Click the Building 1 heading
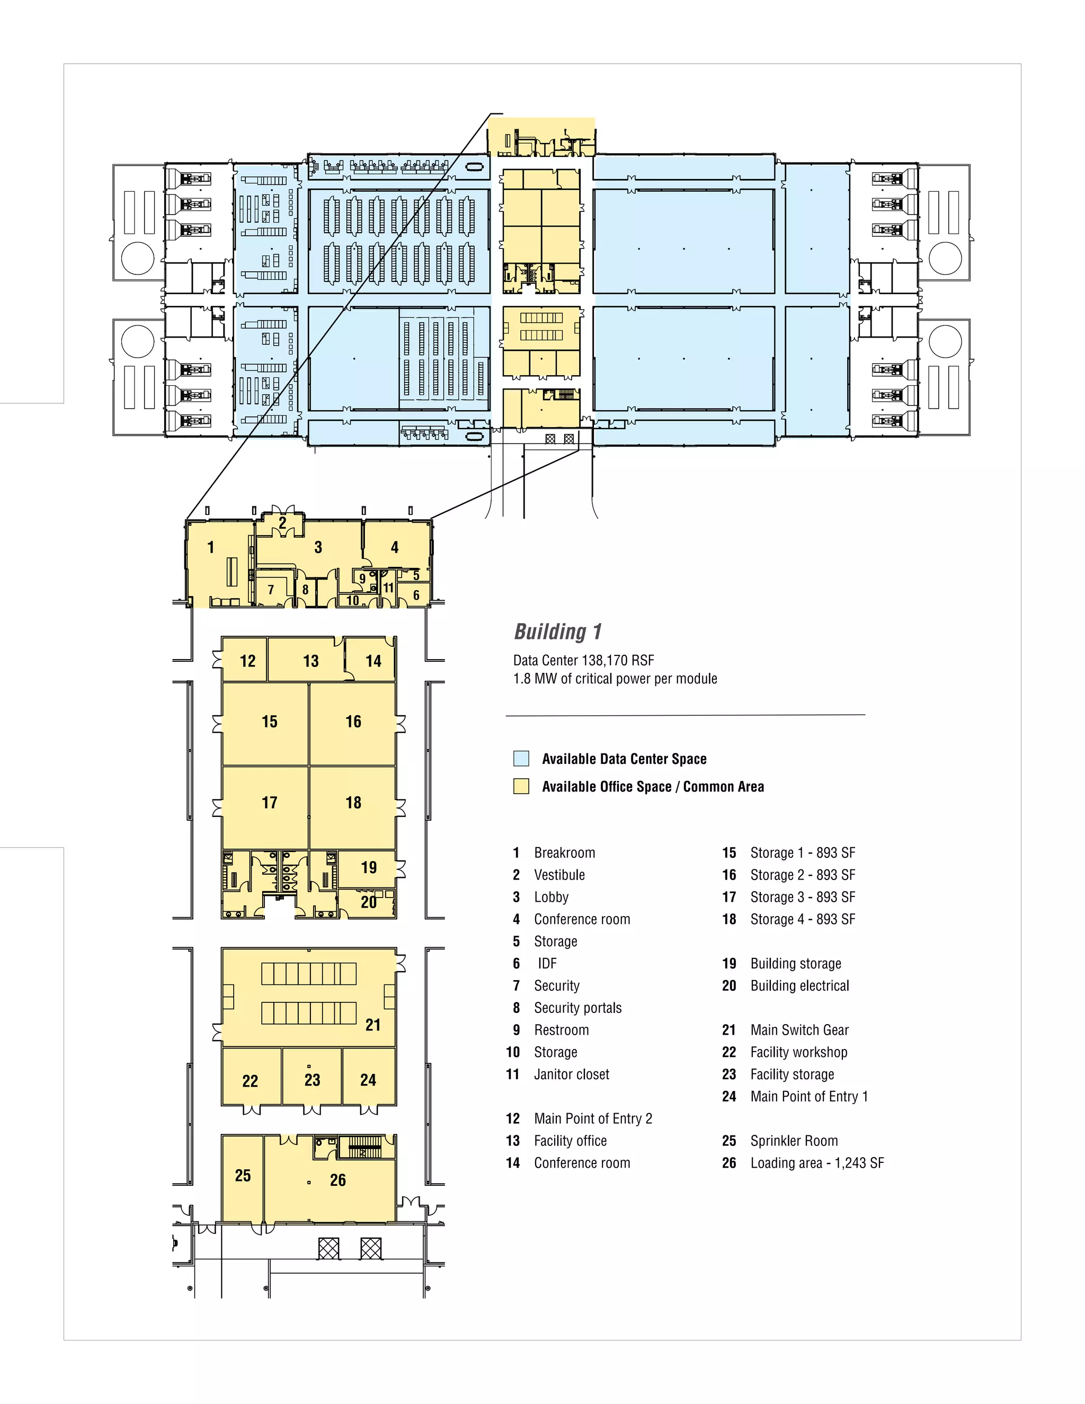coord(558,632)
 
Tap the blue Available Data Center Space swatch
coord(521,759)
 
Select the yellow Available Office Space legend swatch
coord(521,786)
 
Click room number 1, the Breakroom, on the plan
coord(210,547)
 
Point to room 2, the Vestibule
coord(282,522)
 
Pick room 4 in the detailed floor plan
coord(395,547)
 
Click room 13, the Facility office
coord(310,661)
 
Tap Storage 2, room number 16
coord(353,721)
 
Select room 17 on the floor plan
coord(269,802)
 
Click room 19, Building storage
coord(368,867)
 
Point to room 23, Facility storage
coord(313,1080)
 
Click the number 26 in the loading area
coord(337,1180)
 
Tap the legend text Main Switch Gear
coord(799,1030)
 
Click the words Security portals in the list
coord(577,1008)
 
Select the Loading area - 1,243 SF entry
coord(816,1163)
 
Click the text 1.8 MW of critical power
coord(615,679)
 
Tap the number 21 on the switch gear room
coord(373,1025)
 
